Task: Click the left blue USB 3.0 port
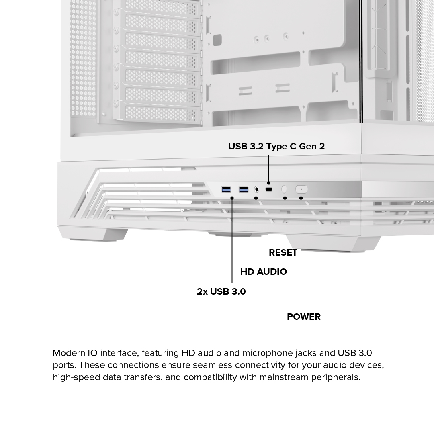tap(226, 189)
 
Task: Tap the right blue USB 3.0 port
tap(244, 189)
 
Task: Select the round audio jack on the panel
tap(256, 189)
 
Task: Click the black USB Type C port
tap(268, 189)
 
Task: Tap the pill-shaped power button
tap(301, 189)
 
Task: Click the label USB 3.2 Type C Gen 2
tap(276, 146)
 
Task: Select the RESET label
tap(283, 252)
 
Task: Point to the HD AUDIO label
tap(264, 272)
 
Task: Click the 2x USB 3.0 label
tap(221, 291)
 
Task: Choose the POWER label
tap(304, 317)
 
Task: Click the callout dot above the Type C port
tap(269, 183)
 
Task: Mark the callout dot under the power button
tap(301, 198)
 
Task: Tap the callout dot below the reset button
tap(285, 198)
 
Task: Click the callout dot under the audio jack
tap(256, 198)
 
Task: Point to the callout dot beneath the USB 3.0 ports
tap(232, 198)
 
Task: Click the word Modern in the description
tap(69, 353)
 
